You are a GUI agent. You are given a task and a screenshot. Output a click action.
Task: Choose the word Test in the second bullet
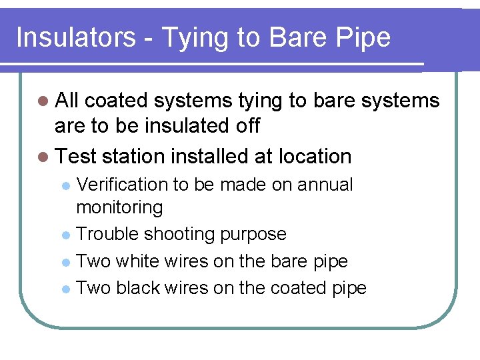pyautogui.click(x=76, y=157)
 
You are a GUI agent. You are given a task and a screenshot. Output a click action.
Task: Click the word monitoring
pyautogui.click(x=119, y=208)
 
